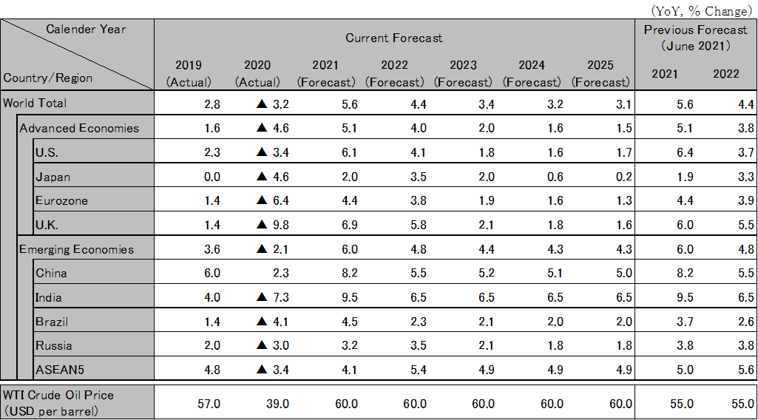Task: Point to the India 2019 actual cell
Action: tap(212, 297)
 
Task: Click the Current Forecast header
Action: tap(393, 38)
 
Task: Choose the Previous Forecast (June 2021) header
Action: tap(695, 38)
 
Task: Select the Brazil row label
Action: tap(51, 322)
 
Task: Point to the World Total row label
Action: tap(35, 103)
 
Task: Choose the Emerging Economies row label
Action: tap(77, 249)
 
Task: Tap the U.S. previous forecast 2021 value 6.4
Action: tap(684, 153)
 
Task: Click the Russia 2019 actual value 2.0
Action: tap(212, 345)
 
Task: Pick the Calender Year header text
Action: tap(86, 30)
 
